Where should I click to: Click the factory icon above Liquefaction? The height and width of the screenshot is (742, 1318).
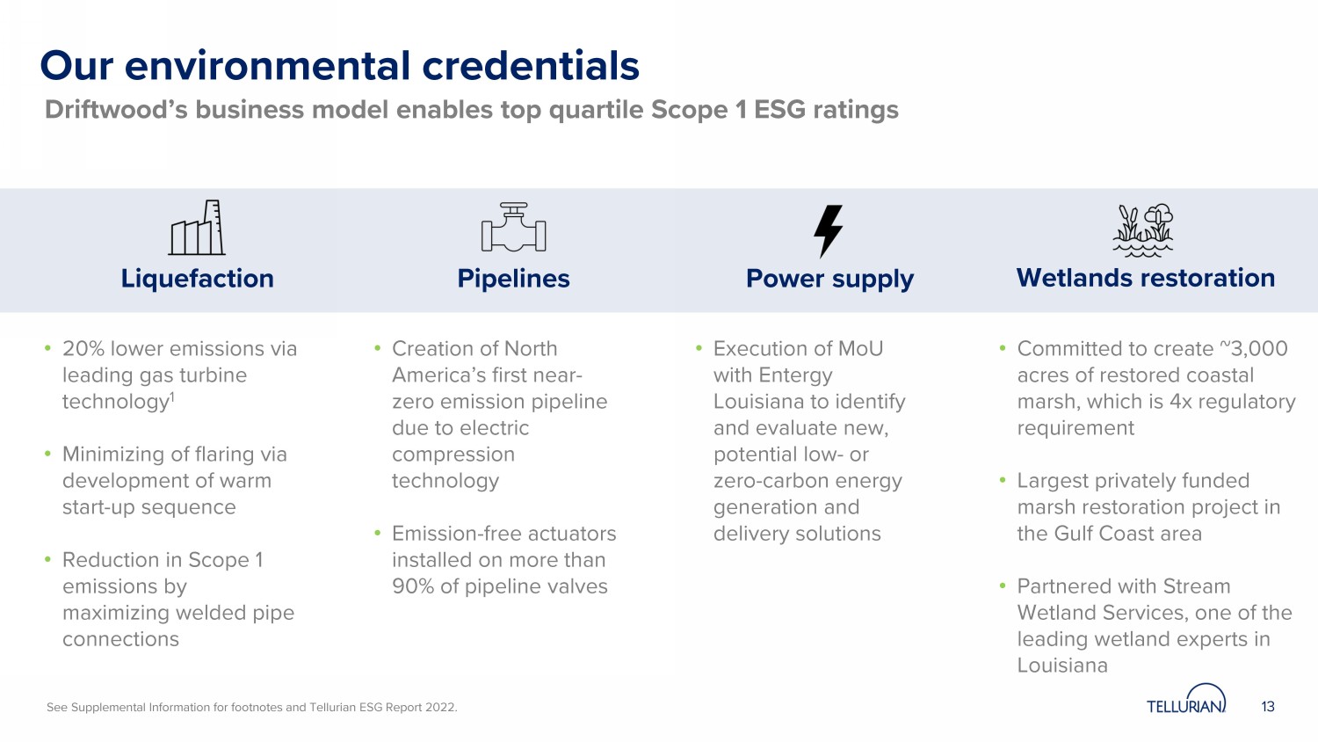(197, 228)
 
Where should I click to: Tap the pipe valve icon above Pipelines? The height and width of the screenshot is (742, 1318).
(514, 228)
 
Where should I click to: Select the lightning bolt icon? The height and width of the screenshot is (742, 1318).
(829, 231)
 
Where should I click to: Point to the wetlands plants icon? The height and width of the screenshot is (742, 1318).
(1143, 230)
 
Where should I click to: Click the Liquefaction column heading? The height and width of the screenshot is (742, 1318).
(198, 279)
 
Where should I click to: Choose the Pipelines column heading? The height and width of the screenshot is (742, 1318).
(514, 279)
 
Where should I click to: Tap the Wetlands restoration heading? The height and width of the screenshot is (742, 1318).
(1146, 278)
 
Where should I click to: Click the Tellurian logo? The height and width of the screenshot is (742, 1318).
(1186, 699)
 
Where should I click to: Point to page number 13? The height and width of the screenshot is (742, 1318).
(1268, 707)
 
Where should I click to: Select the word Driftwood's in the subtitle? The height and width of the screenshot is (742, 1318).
(116, 110)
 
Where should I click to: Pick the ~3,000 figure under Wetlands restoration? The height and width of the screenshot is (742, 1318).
(1253, 349)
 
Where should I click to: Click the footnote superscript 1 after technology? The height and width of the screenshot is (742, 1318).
(172, 396)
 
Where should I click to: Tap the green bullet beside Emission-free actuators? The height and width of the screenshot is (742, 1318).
(378, 534)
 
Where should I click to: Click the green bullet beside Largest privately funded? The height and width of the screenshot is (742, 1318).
(1003, 481)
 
